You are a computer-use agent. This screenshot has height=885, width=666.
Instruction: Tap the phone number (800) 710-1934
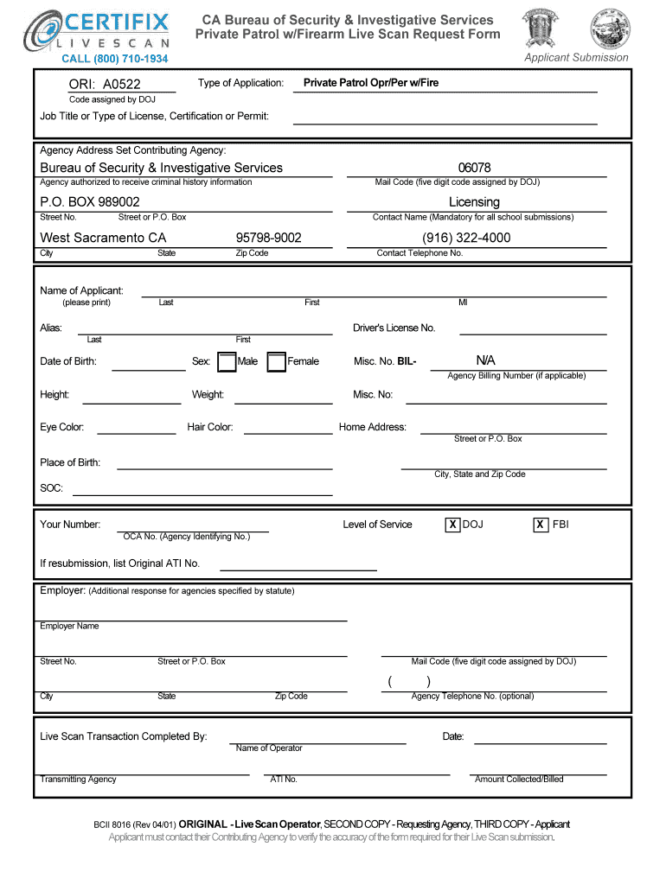coord(114,59)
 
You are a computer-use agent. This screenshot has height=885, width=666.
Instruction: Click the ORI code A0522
coord(105,85)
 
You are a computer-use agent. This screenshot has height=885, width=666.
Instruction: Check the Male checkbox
coord(227,361)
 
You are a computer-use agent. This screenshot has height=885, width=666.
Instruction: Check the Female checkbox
coord(277,361)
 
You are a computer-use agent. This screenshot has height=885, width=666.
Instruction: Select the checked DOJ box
coord(451,525)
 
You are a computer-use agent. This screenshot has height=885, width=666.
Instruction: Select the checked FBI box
coord(540,525)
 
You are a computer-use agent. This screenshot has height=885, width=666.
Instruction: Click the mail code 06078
coord(475,168)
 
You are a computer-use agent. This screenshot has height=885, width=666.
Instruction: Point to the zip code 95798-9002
coord(268,238)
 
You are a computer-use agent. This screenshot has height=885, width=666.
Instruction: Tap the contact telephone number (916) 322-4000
coord(466,238)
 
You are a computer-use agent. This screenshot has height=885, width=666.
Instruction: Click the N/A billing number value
coord(485,360)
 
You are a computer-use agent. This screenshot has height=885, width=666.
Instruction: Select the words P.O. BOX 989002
coord(90,202)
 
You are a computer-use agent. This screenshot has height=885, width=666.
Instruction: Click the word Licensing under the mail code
coord(474,202)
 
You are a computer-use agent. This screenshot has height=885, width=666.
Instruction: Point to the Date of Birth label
coord(68,361)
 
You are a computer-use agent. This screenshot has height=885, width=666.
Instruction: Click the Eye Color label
coord(62,427)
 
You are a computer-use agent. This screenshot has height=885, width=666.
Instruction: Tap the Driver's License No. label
coord(394,328)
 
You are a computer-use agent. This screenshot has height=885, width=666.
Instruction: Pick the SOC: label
coord(51,489)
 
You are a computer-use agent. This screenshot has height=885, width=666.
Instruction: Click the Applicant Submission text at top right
coord(576,58)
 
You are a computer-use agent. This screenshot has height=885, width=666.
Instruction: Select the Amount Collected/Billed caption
coord(519,780)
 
